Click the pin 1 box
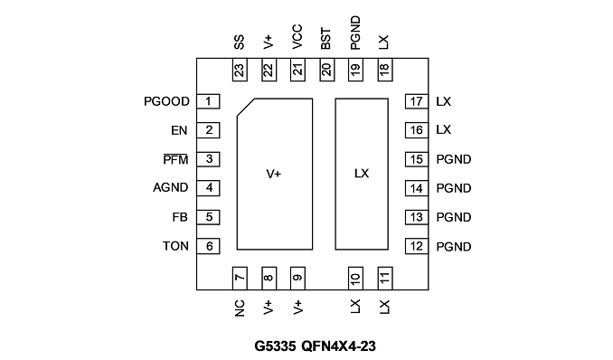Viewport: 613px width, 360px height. coord(208,101)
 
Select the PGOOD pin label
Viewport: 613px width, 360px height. coord(166,101)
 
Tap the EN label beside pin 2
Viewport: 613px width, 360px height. coord(179,130)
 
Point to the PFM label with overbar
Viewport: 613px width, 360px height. coord(175,159)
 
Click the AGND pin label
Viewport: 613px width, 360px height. coord(171,188)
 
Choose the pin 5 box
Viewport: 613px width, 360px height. coord(208,217)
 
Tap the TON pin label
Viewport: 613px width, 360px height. coord(175,246)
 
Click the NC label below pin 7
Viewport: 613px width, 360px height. coord(240,308)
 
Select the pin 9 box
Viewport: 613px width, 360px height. coord(297,279)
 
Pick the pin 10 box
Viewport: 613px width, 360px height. coord(355,279)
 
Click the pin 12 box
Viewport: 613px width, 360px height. coord(417,246)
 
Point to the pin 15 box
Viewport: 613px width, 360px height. coord(417,159)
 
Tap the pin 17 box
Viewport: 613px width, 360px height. coord(417,101)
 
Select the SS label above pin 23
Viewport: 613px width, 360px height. coord(240,42)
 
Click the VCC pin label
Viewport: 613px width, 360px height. coord(297,37)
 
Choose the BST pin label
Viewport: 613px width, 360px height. coord(326,39)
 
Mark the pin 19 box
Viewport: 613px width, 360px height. coord(355,70)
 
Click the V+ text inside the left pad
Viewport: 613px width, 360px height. coord(274,174)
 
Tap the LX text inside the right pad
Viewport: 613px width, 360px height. coord(362,174)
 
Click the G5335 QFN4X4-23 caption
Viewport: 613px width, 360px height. coord(316,346)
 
